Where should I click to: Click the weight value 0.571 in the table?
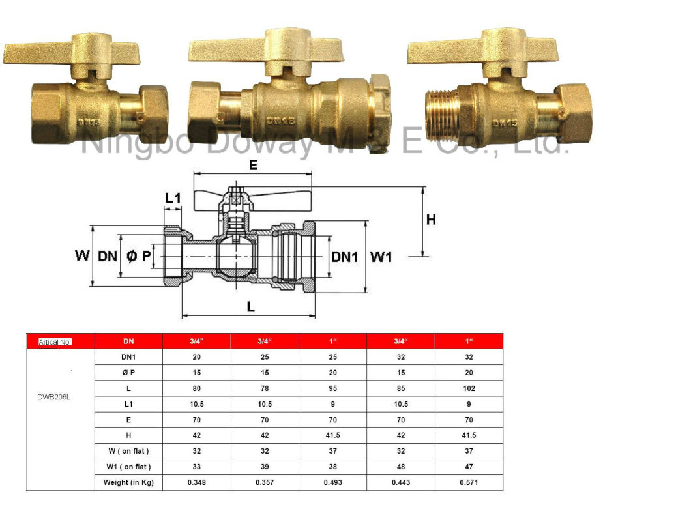tap(469, 482)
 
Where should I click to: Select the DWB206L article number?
tap(53, 397)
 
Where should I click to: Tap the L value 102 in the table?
tap(469, 388)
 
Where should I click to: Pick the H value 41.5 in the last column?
tap(469, 435)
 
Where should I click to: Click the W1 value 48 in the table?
tap(401, 467)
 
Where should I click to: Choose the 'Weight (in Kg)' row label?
tap(128, 482)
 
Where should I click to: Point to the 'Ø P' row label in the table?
tap(128, 373)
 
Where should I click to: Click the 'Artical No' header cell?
tap(55, 342)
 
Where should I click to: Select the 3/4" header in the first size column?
tap(197, 341)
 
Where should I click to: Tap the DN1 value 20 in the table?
tap(197, 357)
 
